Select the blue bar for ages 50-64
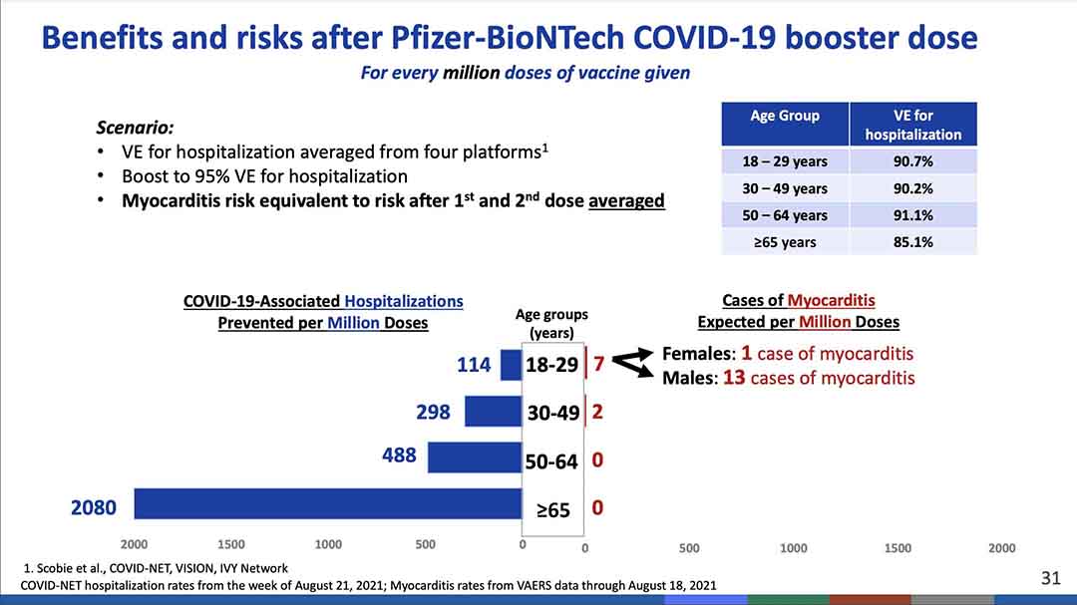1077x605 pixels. pyautogui.click(x=475, y=457)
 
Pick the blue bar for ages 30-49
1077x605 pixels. pyautogui.click(x=493, y=412)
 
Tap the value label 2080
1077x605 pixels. pyautogui.click(x=93, y=508)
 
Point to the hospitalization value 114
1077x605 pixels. pyautogui.click(x=474, y=366)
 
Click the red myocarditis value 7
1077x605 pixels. pyautogui.click(x=598, y=365)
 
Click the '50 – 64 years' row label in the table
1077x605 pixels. pyautogui.click(x=785, y=215)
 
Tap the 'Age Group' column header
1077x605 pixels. pyautogui.click(x=785, y=116)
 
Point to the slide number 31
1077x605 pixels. pyautogui.click(x=1050, y=578)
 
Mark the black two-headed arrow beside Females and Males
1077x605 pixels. pyautogui.click(x=630, y=366)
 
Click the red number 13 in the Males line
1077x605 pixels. pyautogui.click(x=734, y=378)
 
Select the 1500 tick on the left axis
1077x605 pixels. pyautogui.click(x=231, y=545)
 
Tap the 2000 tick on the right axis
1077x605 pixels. pyautogui.click(x=1001, y=548)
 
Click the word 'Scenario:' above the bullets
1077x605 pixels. pyautogui.click(x=135, y=128)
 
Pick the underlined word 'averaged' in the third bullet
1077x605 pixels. pyautogui.click(x=626, y=200)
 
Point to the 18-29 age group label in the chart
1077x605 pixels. pyautogui.click(x=551, y=366)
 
